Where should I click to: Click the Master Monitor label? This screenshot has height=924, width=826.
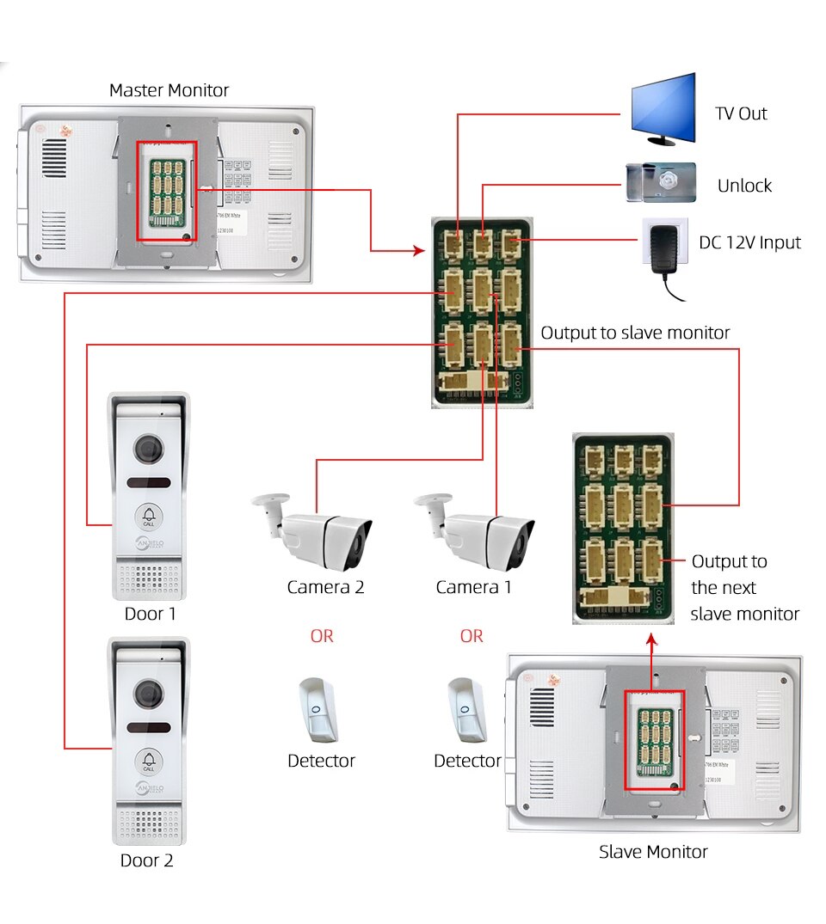(169, 90)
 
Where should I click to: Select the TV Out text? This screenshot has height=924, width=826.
(741, 113)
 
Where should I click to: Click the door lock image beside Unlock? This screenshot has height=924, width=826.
(660, 182)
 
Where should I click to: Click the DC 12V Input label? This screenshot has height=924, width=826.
(749, 242)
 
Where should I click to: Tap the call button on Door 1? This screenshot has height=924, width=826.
(147, 516)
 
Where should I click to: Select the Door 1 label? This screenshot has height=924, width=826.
(150, 614)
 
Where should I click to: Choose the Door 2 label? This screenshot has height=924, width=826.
(146, 860)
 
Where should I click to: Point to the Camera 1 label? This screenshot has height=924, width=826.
(473, 587)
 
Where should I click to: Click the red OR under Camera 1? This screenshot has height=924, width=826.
(472, 636)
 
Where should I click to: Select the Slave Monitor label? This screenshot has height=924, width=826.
(653, 852)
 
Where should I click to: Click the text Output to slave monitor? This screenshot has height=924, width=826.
(635, 333)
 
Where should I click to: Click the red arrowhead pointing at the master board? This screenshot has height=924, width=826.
(420, 251)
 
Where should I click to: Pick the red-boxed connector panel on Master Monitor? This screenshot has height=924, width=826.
(167, 192)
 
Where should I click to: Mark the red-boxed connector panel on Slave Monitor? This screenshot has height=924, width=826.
(653, 740)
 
